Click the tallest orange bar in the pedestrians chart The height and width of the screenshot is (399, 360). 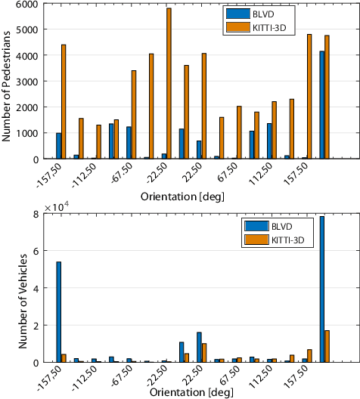click(169, 83)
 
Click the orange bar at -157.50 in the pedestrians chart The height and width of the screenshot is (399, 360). click(64, 101)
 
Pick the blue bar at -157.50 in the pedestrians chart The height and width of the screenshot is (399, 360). click(59, 146)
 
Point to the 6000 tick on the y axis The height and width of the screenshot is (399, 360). click(27, 5)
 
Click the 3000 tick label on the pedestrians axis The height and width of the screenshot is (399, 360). click(27, 82)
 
